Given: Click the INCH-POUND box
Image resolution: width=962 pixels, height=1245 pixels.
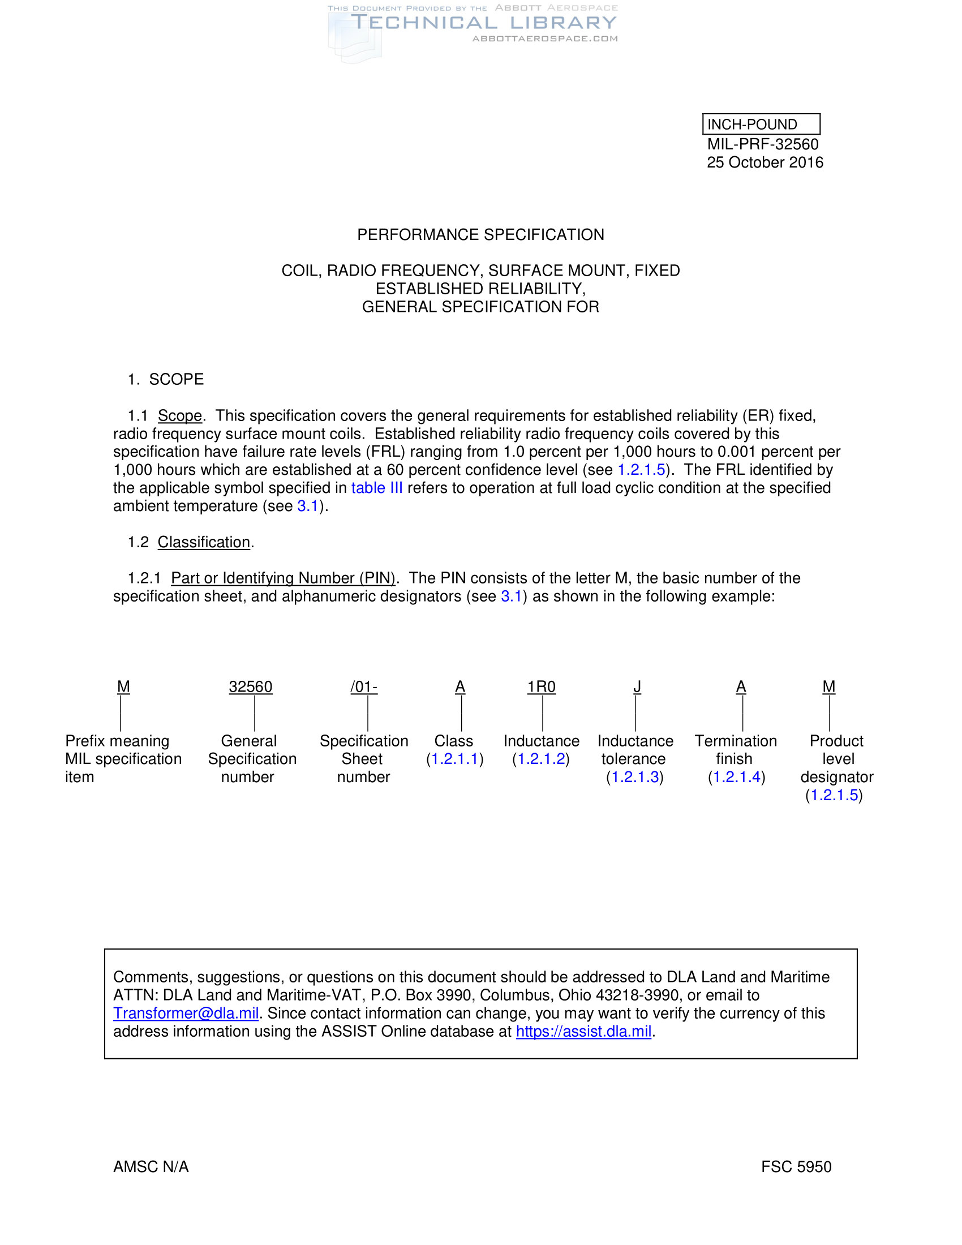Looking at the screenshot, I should coord(760,124).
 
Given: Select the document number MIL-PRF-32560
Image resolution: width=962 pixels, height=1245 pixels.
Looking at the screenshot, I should coord(763,144).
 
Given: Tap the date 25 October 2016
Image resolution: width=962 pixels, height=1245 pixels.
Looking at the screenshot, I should coord(765,162).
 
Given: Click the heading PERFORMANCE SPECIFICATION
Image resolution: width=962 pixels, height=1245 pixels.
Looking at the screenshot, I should coord(480,235).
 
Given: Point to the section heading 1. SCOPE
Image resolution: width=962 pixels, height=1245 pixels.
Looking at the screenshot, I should coord(166,379).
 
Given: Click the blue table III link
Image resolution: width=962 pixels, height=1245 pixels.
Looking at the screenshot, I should coord(377,488).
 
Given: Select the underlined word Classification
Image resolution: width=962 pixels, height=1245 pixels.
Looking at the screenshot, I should coord(204,542).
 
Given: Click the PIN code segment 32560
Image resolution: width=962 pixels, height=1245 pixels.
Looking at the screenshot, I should coord(251,687).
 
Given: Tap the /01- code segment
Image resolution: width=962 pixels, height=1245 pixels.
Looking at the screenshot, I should coord(364,687).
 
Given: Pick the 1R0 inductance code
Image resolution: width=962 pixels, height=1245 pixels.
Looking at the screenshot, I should coord(542,687).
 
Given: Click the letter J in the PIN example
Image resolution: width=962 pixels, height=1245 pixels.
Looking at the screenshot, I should coord(637,687).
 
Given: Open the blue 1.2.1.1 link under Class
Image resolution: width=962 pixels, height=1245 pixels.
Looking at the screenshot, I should coord(455,759).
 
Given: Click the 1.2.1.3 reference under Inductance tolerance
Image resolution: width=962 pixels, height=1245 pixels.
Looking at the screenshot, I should coord(635,778).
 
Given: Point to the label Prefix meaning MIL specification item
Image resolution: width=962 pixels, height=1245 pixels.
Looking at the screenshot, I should coord(123,759).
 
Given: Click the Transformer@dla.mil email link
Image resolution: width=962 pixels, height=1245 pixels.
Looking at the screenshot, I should coord(186,1014).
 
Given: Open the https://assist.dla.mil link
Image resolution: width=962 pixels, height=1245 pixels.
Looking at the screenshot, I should coord(583,1032).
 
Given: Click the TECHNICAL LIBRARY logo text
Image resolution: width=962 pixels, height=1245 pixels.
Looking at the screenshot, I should coord(484,23).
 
